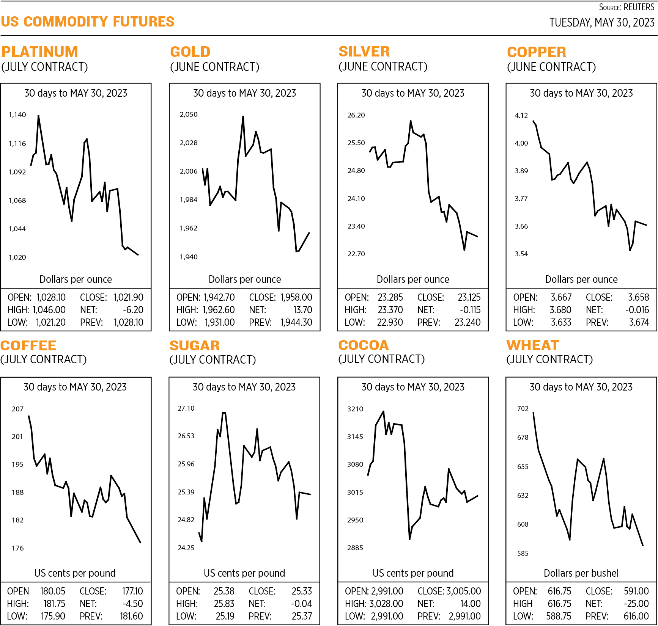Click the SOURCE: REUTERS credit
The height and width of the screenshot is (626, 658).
pos(626,7)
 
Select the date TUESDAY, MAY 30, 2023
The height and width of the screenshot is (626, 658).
pos(601,23)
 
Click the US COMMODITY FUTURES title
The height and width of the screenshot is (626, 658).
pos(88,22)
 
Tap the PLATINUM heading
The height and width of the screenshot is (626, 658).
pos(40,52)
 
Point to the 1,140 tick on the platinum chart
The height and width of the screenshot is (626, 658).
pos(17,115)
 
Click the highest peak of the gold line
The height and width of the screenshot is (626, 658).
pos(243,117)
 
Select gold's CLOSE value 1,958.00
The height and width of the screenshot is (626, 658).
pos(296,298)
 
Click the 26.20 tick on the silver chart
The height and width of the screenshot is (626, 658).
pos(356,115)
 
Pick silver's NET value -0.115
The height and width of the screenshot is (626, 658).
pos(470,310)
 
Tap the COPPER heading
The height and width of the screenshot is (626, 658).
pos(536,52)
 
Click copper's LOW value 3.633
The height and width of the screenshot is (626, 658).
pos(560,323)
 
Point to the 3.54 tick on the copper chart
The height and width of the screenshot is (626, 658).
pos(521,254)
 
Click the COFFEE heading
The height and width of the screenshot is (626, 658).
pos(28,345)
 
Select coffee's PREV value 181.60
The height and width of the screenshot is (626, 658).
pos(131,616)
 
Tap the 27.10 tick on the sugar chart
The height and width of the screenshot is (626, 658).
pos(186,408)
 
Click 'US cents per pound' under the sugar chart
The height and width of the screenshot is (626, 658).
pos(244,573)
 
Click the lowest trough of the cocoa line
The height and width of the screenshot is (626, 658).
pos(409,539)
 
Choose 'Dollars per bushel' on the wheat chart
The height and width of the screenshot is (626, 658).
pos(581,573)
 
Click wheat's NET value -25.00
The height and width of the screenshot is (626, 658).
pos(636,604)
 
